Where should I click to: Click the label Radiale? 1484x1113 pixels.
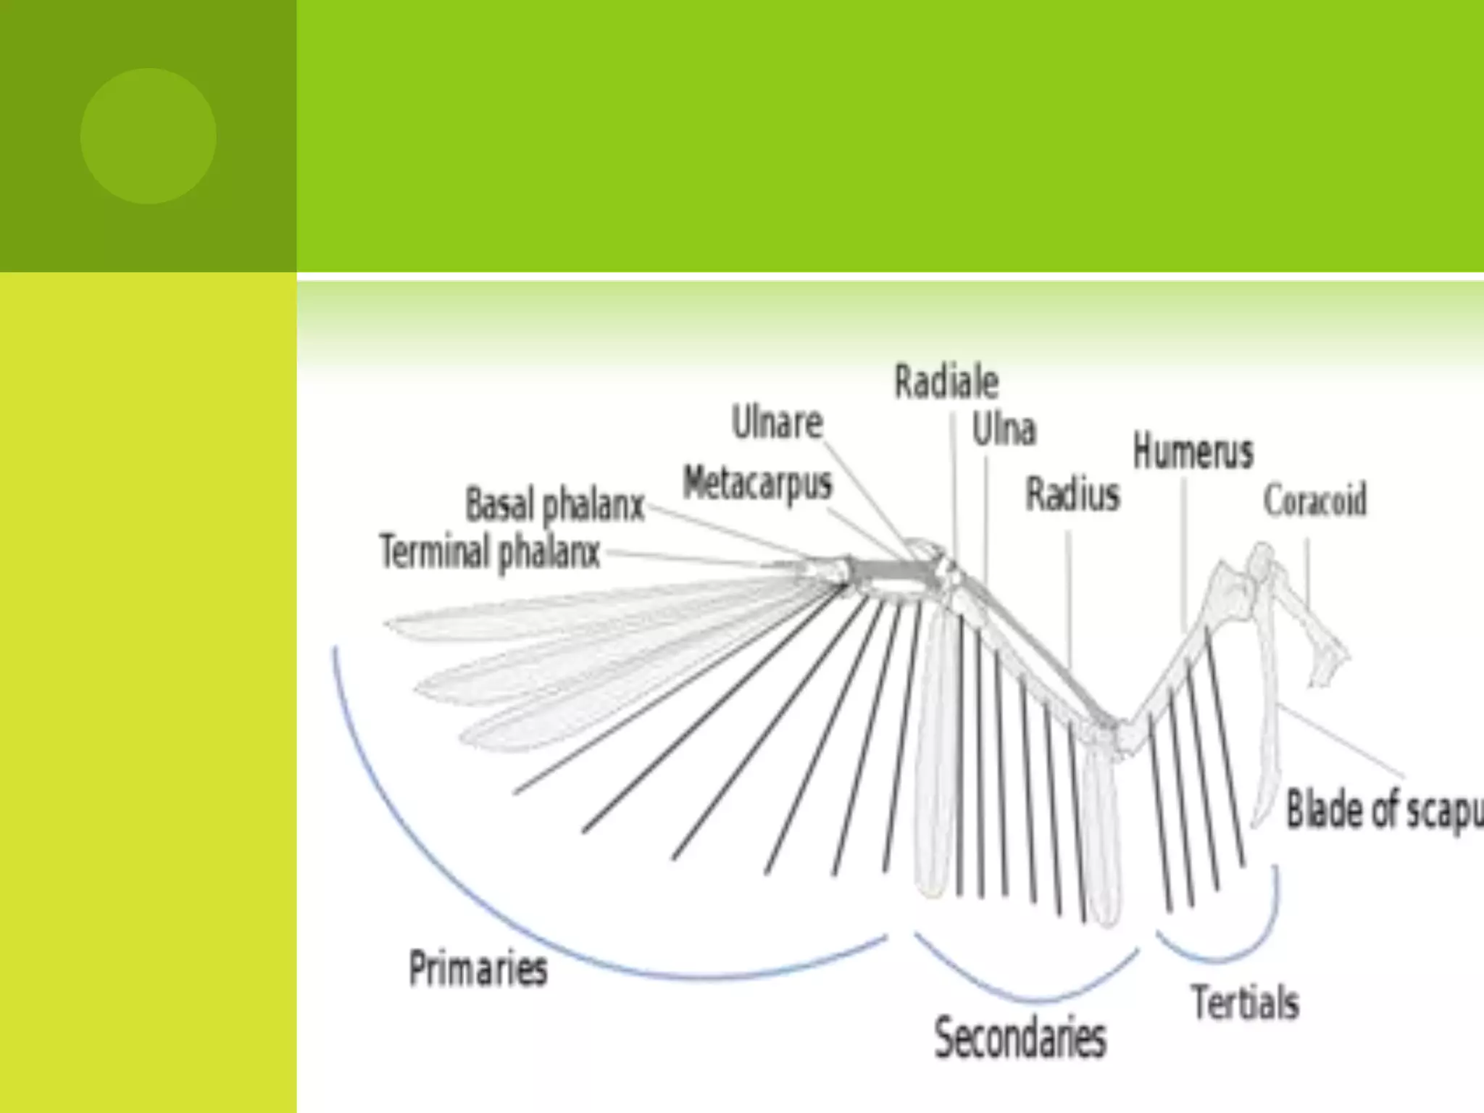[946, 382]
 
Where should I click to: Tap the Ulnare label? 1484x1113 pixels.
[777, 422]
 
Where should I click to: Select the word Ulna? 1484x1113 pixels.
[1004, 430]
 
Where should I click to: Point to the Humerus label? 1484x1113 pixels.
[1193, 451]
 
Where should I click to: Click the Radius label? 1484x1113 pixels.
[1072, 496]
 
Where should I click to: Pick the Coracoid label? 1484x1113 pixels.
[1314, 500]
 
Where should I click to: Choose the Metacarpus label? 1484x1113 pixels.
[757, 483]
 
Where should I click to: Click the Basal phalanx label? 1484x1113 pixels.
[554, 505]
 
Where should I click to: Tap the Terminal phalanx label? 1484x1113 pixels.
[490, 553]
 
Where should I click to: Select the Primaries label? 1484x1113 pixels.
[478, 968]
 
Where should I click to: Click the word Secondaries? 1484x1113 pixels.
[1020, 1038]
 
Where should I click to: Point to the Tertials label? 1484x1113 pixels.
[1245, 1003]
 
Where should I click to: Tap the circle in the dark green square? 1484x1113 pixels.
[148, 136]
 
